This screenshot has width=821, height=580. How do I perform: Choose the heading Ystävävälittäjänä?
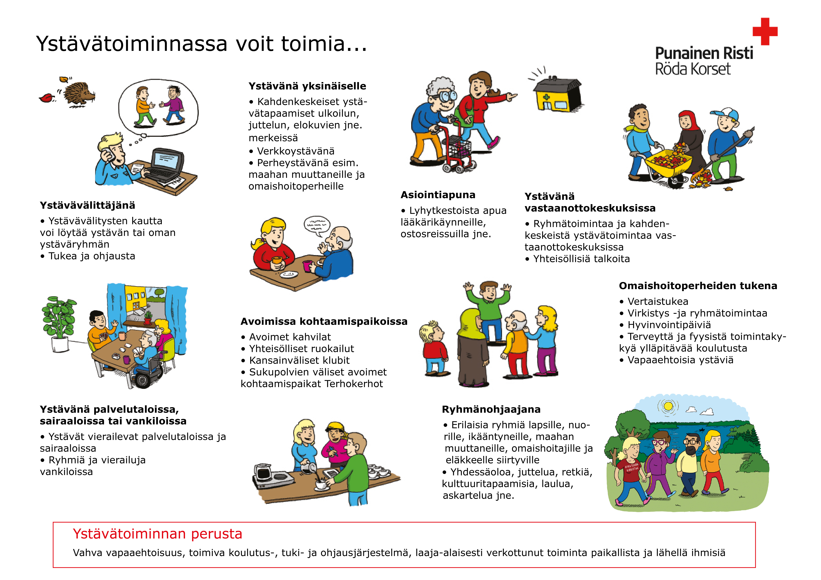click(x=88, y=206)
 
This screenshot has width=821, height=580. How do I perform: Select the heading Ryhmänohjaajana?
click(x=491, y=410)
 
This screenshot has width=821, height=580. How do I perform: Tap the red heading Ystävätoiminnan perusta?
click(x=157, y=534)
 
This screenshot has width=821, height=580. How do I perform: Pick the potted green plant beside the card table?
click(x=59, y=322)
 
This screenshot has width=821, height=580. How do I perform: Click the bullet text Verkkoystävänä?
click(x=296, y=151)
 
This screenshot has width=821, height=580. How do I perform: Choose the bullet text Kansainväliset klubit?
click(x=299, y=361)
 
